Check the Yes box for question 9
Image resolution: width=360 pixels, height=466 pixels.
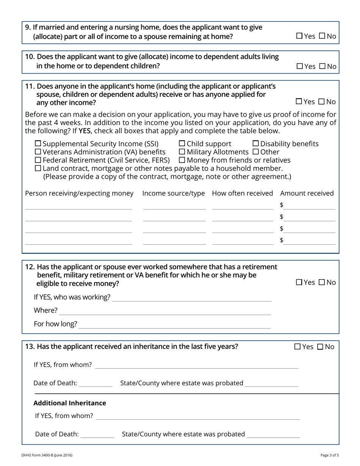(x=299, y=36)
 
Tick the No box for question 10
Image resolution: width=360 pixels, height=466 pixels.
(x=322, y=66)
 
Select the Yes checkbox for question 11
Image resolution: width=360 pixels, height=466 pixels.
(x=299, y=102)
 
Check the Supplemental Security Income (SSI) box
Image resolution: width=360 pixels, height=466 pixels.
(x=38, y=144)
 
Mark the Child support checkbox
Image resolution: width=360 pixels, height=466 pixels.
(x=182, y=144)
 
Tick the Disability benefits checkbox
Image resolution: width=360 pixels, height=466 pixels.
(x=255, y=144)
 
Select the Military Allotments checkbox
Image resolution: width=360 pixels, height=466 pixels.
(x=182, y=152)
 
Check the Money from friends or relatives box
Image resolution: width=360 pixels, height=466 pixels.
(x=182, y=160)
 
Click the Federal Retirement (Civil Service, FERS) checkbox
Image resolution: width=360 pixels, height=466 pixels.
(x=38, y=160)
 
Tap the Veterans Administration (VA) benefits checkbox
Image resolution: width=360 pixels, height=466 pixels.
(x=38, y=152)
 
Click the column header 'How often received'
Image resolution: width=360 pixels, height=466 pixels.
(x=243, y=193)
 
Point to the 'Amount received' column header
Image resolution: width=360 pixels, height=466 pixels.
(x=307, y=193)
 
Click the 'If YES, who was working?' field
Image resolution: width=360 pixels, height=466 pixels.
(x=191, y=297)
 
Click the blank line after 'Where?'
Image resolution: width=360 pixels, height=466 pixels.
(x=165, y=311)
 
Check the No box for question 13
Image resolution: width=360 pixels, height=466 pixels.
(x=320, y=347)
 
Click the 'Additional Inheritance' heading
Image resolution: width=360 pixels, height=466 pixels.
(x=70, y=403)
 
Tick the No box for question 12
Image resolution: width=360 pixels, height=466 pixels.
(x=322, y=282)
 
